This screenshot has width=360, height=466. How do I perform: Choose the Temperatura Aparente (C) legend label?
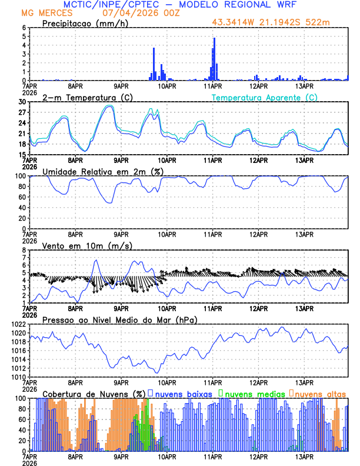pos(265,97)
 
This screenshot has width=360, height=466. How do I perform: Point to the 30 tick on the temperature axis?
pos(22,102)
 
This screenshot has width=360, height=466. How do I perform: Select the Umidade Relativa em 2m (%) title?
pos(102,171)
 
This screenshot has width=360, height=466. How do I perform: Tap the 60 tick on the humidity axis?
pos(22,197)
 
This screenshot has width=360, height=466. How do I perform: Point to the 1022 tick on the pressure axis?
pos(18,324)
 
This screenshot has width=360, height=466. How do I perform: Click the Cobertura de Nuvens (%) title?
pos(94,393)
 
